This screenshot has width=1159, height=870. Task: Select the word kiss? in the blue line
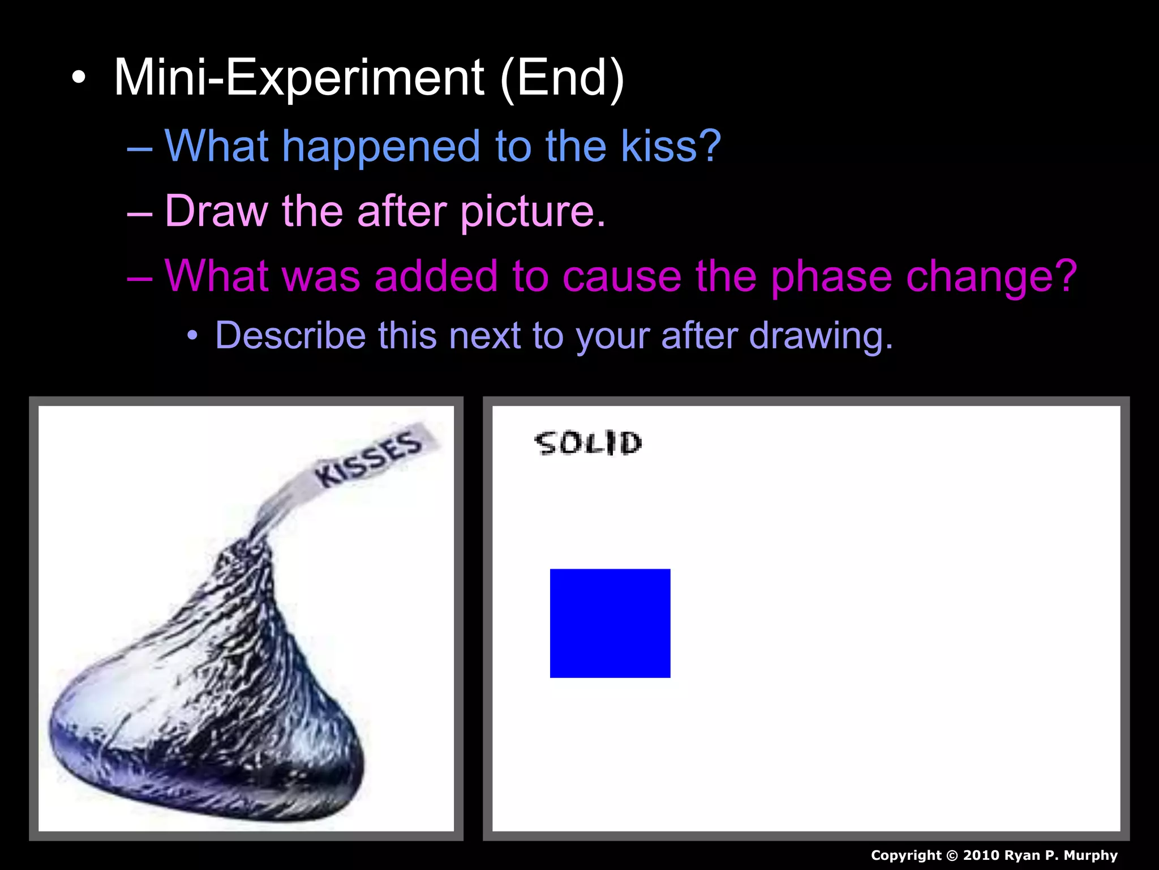671,146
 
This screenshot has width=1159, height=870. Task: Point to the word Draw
216,211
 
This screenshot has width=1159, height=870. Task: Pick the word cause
623,277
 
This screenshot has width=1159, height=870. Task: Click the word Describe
289,335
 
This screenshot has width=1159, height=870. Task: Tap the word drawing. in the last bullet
821,336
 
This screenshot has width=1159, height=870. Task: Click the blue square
610,623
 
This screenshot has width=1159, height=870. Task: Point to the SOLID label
589,443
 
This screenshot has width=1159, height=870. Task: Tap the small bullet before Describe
193,336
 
